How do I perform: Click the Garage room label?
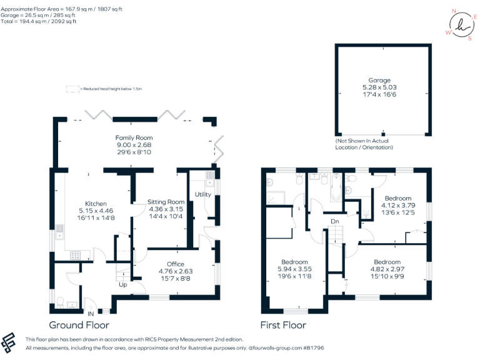pos(379,81)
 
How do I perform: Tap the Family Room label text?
pos(134,137)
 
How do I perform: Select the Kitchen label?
pos(96,204)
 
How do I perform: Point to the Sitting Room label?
pos(166,202)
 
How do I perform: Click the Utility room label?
pos(202,194)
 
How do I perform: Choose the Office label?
pos(175,264)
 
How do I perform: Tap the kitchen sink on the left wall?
pos(59,232)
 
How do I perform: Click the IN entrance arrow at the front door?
pos(91,312)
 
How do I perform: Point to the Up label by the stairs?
pos(124,284)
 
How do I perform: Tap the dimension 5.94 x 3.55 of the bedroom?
pos(294,269)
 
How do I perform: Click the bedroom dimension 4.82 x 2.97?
pos(387,269)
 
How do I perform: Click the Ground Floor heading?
pos(79,325)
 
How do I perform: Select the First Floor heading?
pos(283,325)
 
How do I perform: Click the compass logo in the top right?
pos(462,25)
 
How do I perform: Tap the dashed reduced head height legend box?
pos(72,89)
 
